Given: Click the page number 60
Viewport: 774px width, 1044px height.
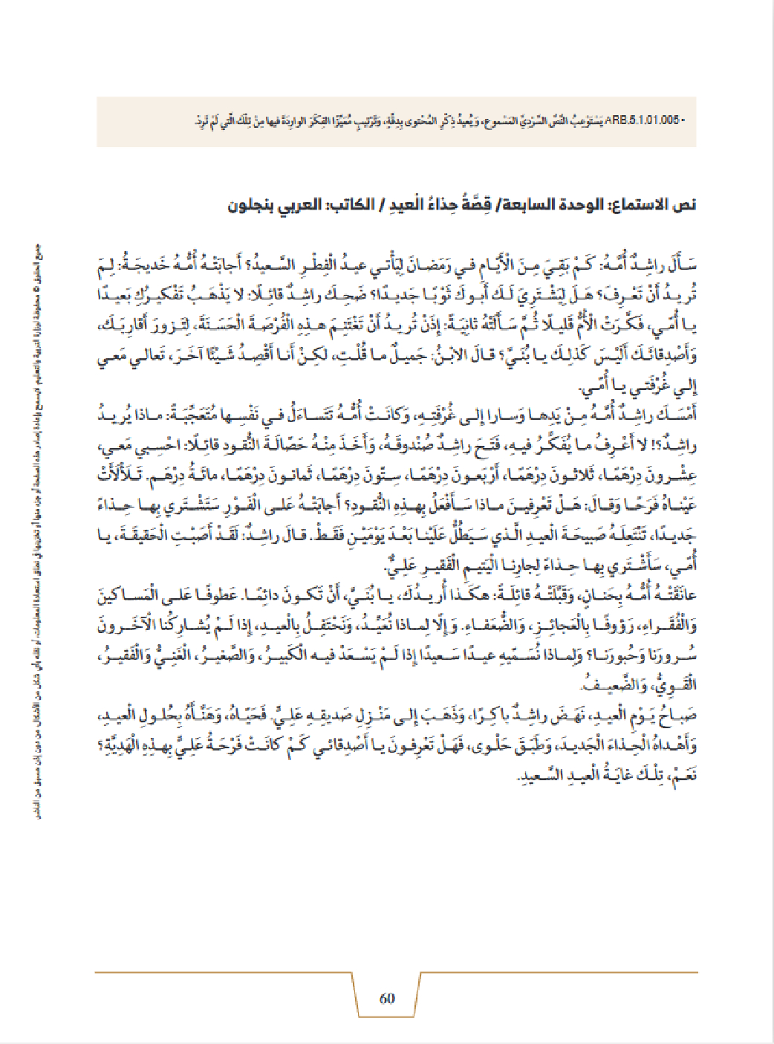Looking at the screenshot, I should (387, 998).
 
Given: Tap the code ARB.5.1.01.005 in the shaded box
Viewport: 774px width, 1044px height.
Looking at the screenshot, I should (643, 120).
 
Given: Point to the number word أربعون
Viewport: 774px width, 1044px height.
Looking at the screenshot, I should (475, 475).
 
